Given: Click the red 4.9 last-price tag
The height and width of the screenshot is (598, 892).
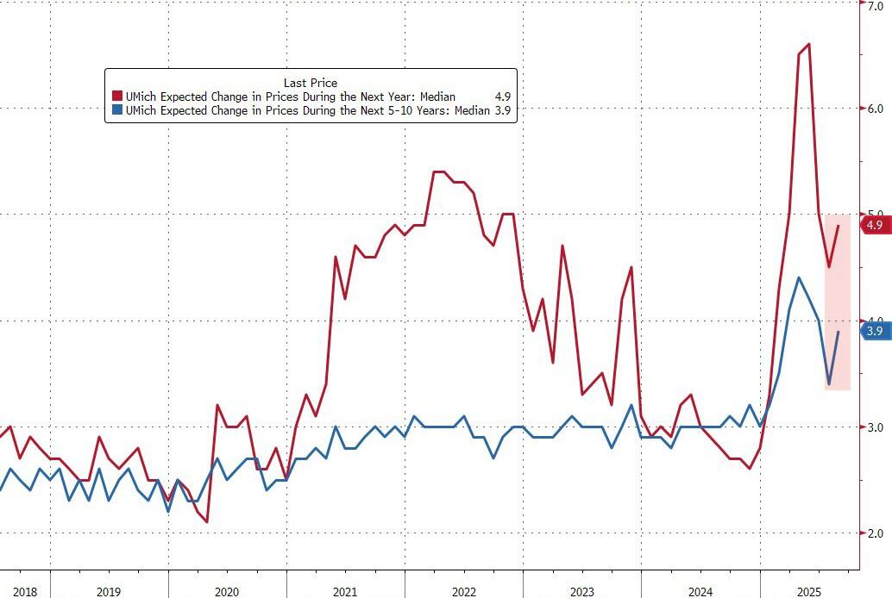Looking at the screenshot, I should pos(874,225).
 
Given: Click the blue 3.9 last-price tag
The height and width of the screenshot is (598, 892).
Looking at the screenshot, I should pos(874,330).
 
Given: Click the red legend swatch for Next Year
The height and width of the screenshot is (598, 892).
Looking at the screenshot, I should pos(116,97).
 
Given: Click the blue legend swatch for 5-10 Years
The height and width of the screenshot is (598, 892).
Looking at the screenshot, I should pos(116,111).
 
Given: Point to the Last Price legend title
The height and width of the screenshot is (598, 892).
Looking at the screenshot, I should pos(311,82).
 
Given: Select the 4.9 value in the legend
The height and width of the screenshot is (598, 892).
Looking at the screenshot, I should pos(502,97).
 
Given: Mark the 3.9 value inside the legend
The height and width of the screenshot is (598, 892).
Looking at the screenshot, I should pos(502,111).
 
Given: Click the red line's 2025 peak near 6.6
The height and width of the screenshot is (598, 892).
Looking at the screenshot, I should pos(808,44).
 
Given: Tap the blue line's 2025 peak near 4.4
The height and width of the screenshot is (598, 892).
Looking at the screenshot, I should pos(799,277).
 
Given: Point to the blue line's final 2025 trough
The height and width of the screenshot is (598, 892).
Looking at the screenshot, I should pos(829,383).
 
